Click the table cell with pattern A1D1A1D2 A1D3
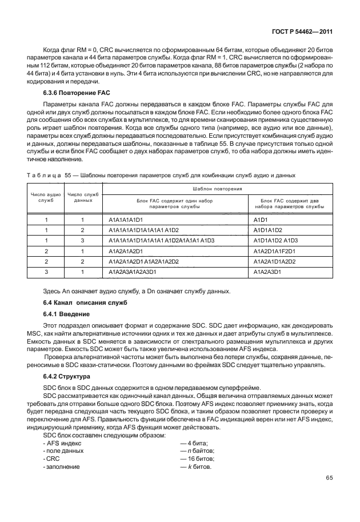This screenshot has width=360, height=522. pos(275,241)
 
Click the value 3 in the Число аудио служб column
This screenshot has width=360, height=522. pos(45,272)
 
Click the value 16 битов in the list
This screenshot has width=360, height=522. pos(198,459)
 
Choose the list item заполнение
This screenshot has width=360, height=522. pos(63,467)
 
